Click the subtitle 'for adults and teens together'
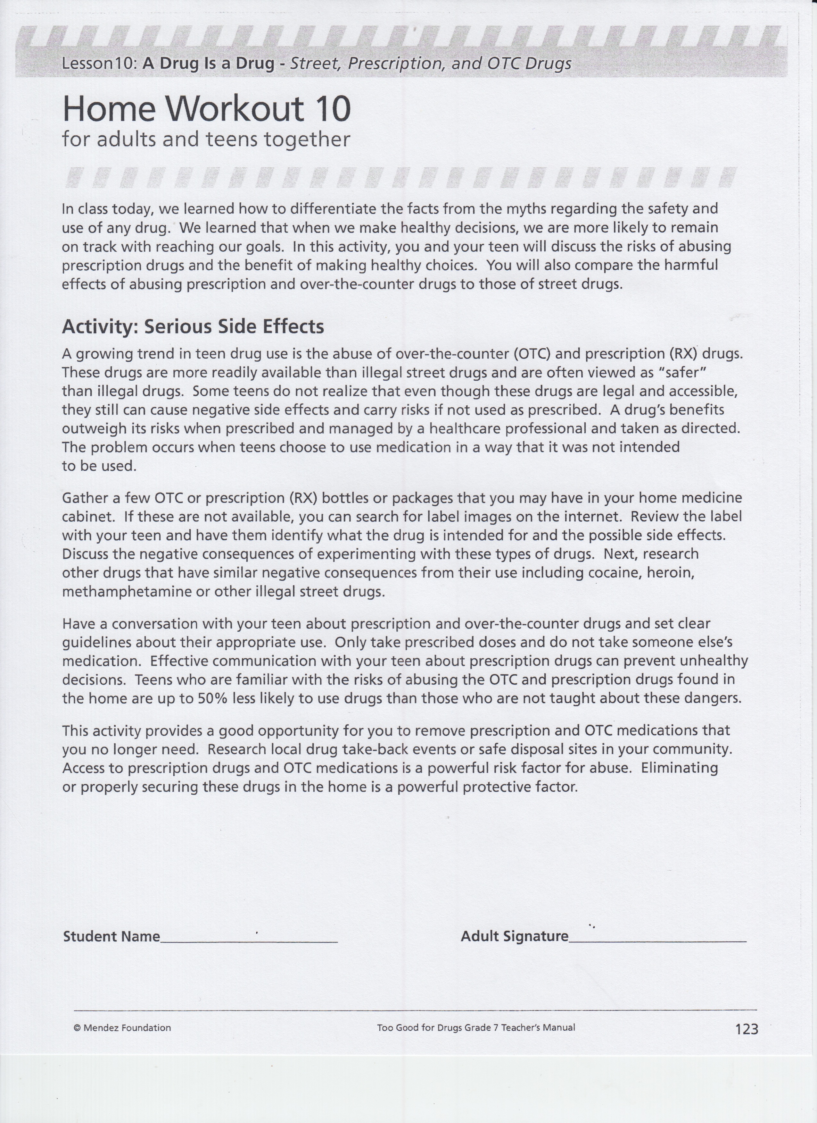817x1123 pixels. [206, 139]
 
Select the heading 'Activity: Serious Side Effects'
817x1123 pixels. [193, 327]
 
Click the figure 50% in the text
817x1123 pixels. [212, 699]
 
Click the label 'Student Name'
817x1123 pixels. [111, 937]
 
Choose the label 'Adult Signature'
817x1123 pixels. [514, 936]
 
